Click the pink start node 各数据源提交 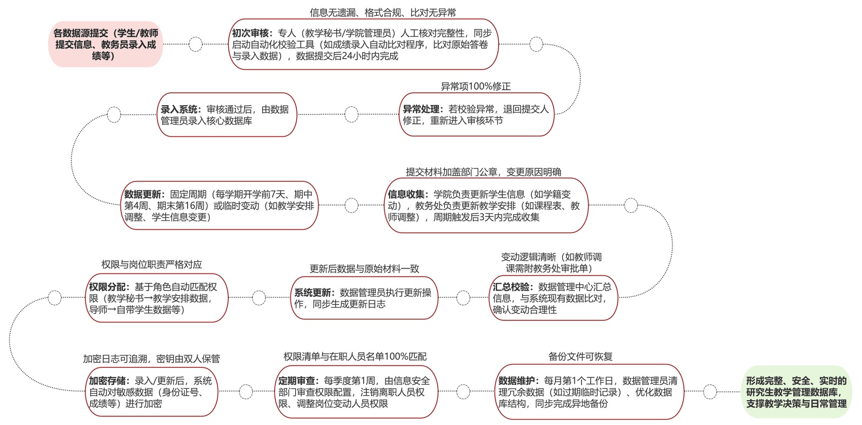106,44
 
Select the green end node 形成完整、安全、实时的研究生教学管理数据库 796,392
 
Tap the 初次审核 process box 363,44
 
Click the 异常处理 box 476,115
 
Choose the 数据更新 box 219,205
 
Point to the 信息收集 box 486,205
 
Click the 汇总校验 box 553,298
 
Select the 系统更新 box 364,298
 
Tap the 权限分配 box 157,298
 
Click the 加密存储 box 152,392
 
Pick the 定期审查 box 355,392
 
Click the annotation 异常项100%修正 476,86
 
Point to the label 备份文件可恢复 580,357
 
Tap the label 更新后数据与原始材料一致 364,269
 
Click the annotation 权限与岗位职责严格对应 152,264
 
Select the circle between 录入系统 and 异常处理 351,114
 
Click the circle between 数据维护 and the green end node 710,392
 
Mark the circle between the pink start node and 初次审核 196,44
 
